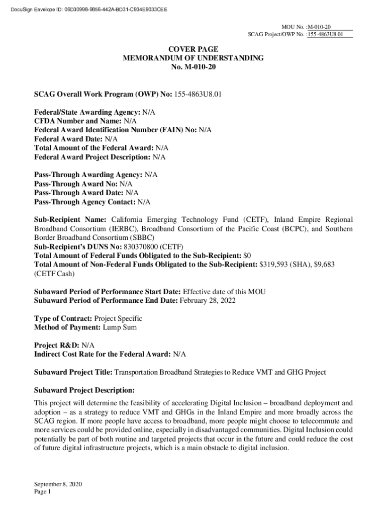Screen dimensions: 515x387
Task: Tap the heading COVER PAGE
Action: [x=193, y=49]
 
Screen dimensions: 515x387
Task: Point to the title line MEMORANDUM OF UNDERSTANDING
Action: [x=193, y=58]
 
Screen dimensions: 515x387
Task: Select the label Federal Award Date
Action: [x=69, y=139]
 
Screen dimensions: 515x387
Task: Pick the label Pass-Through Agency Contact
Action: [x=84, y=202]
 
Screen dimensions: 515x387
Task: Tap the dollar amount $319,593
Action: [x=274, y=265]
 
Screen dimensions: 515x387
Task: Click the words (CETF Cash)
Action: [x=54, y=274]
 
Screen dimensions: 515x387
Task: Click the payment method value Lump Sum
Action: [x=120, y=327]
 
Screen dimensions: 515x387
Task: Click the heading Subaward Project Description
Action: [x=84, y=390]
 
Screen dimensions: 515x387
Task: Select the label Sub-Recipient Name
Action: [x=70, y=220]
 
